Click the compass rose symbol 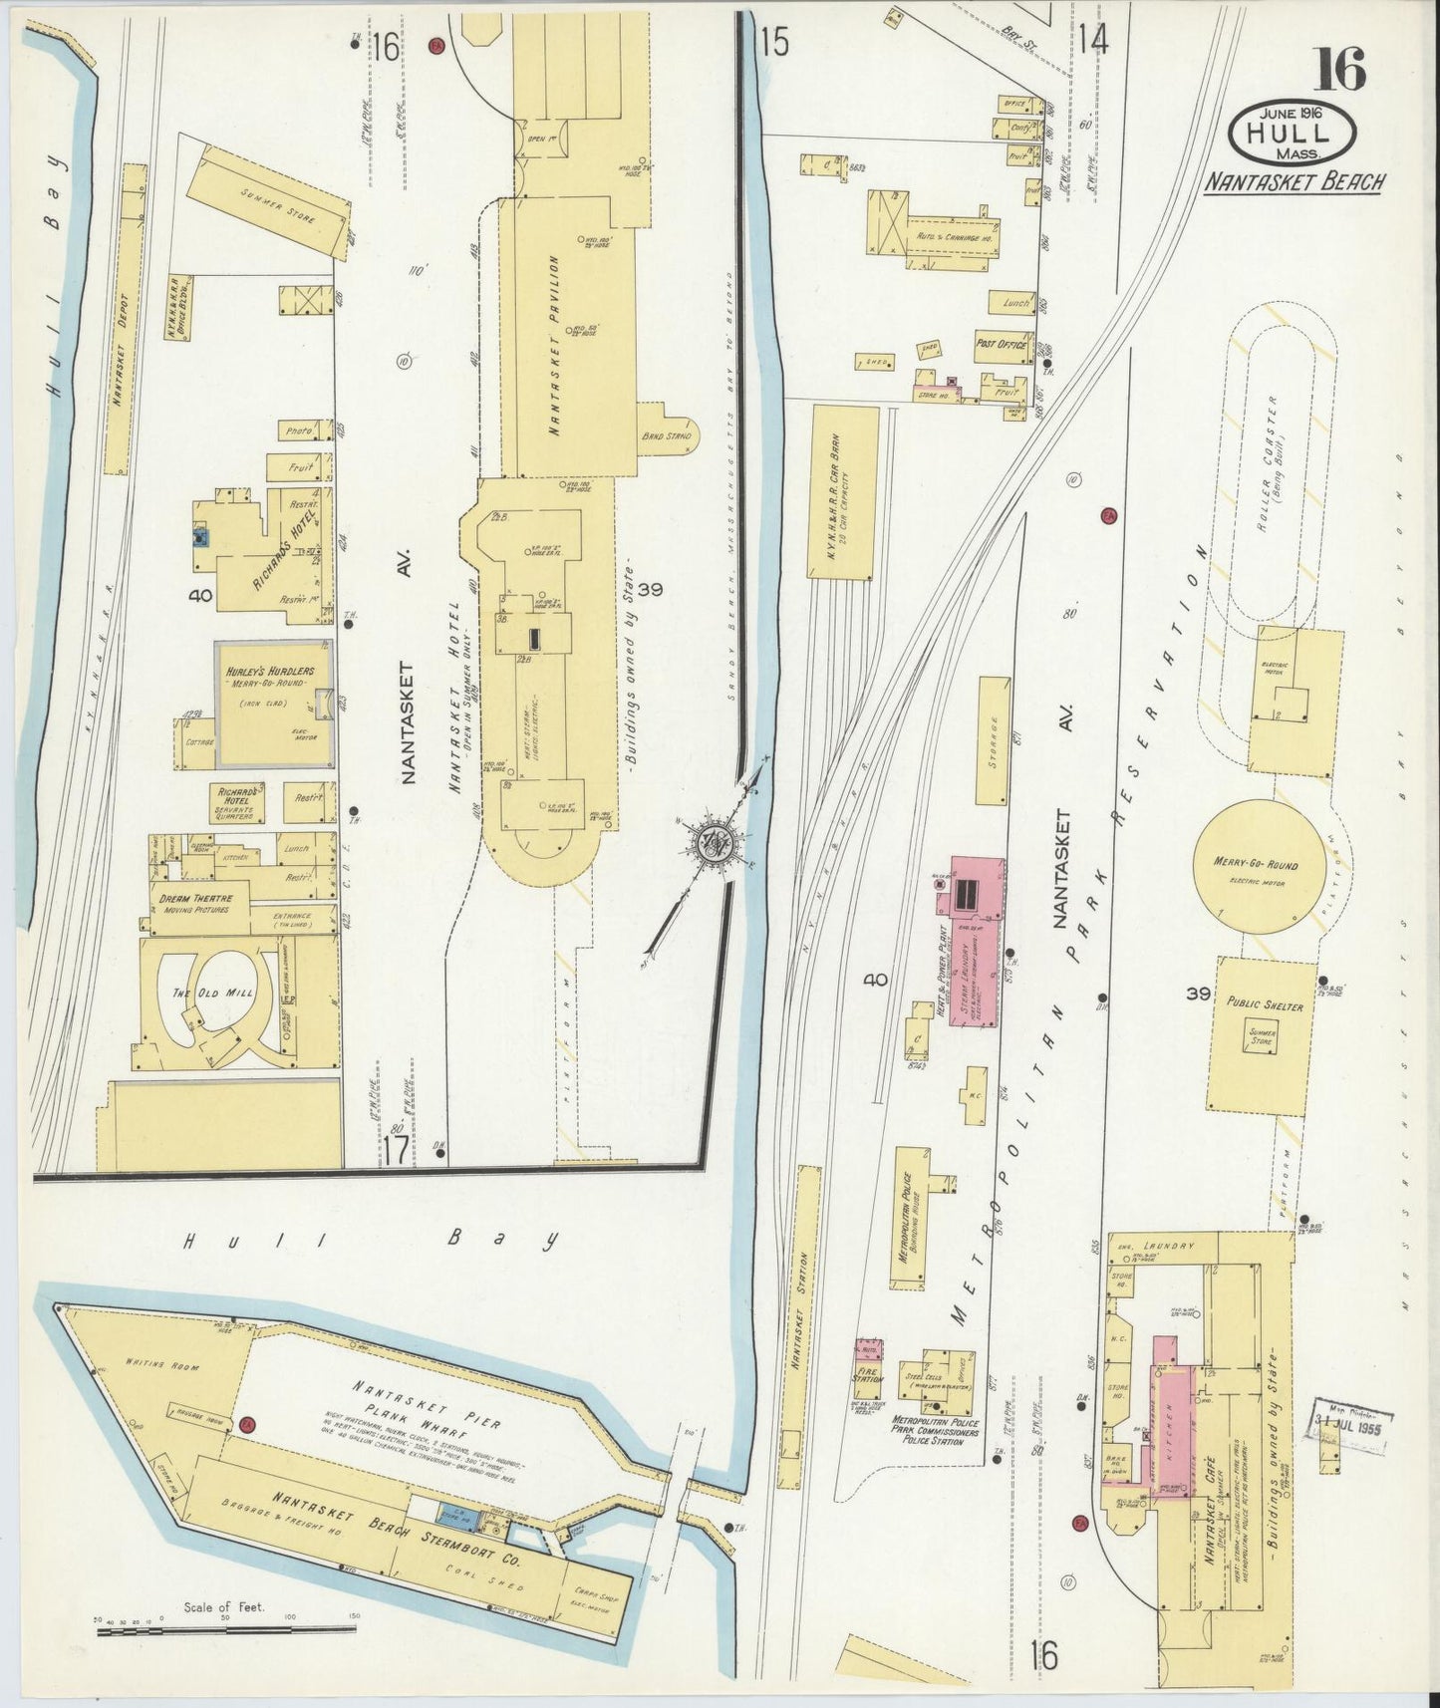tap(715, 842)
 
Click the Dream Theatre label tap(194, 904)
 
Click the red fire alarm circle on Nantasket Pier tap(247, 1425)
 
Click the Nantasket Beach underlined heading tap(1293, 182)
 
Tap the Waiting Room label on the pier tap(150, 1361)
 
